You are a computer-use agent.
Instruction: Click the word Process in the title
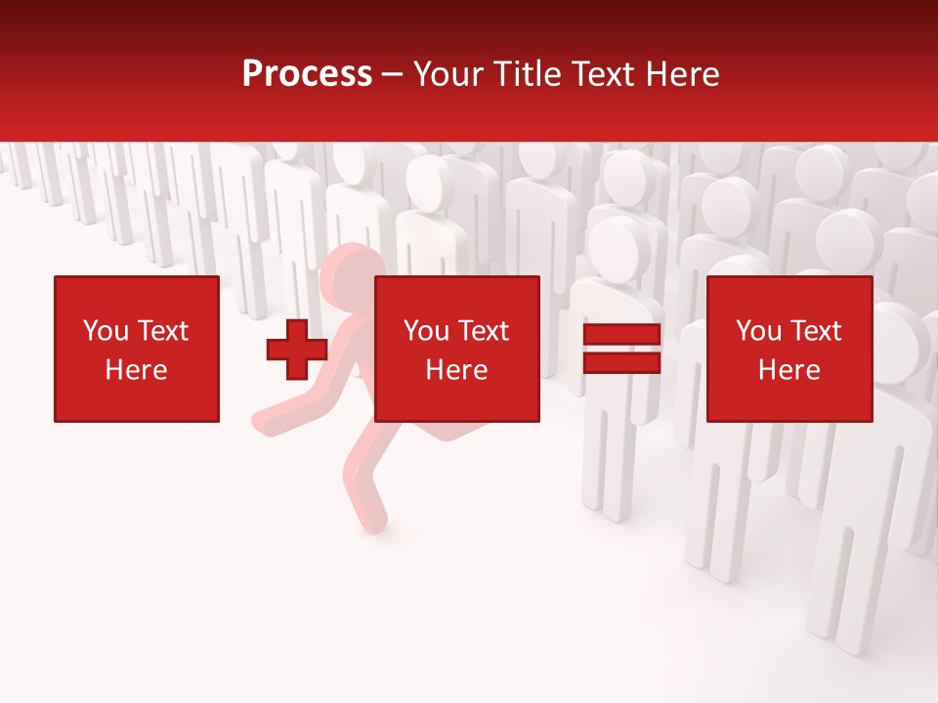pos(307,74)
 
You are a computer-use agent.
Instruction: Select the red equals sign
pos(621,349)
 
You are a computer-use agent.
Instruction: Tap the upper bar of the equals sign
pos(621,335)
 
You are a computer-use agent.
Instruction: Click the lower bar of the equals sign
pos(621,362)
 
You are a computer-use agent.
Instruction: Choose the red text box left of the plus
pos(137,349)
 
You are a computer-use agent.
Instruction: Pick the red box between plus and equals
pos(456,349)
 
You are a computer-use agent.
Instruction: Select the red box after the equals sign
pos(789,349)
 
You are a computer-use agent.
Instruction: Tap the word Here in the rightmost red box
pos(789,370)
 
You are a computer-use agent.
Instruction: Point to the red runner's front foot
pos(370,522)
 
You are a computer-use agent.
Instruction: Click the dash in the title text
pos(393,74)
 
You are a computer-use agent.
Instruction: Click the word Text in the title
pos(599,74)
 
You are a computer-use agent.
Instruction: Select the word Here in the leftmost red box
pos(137,370)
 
